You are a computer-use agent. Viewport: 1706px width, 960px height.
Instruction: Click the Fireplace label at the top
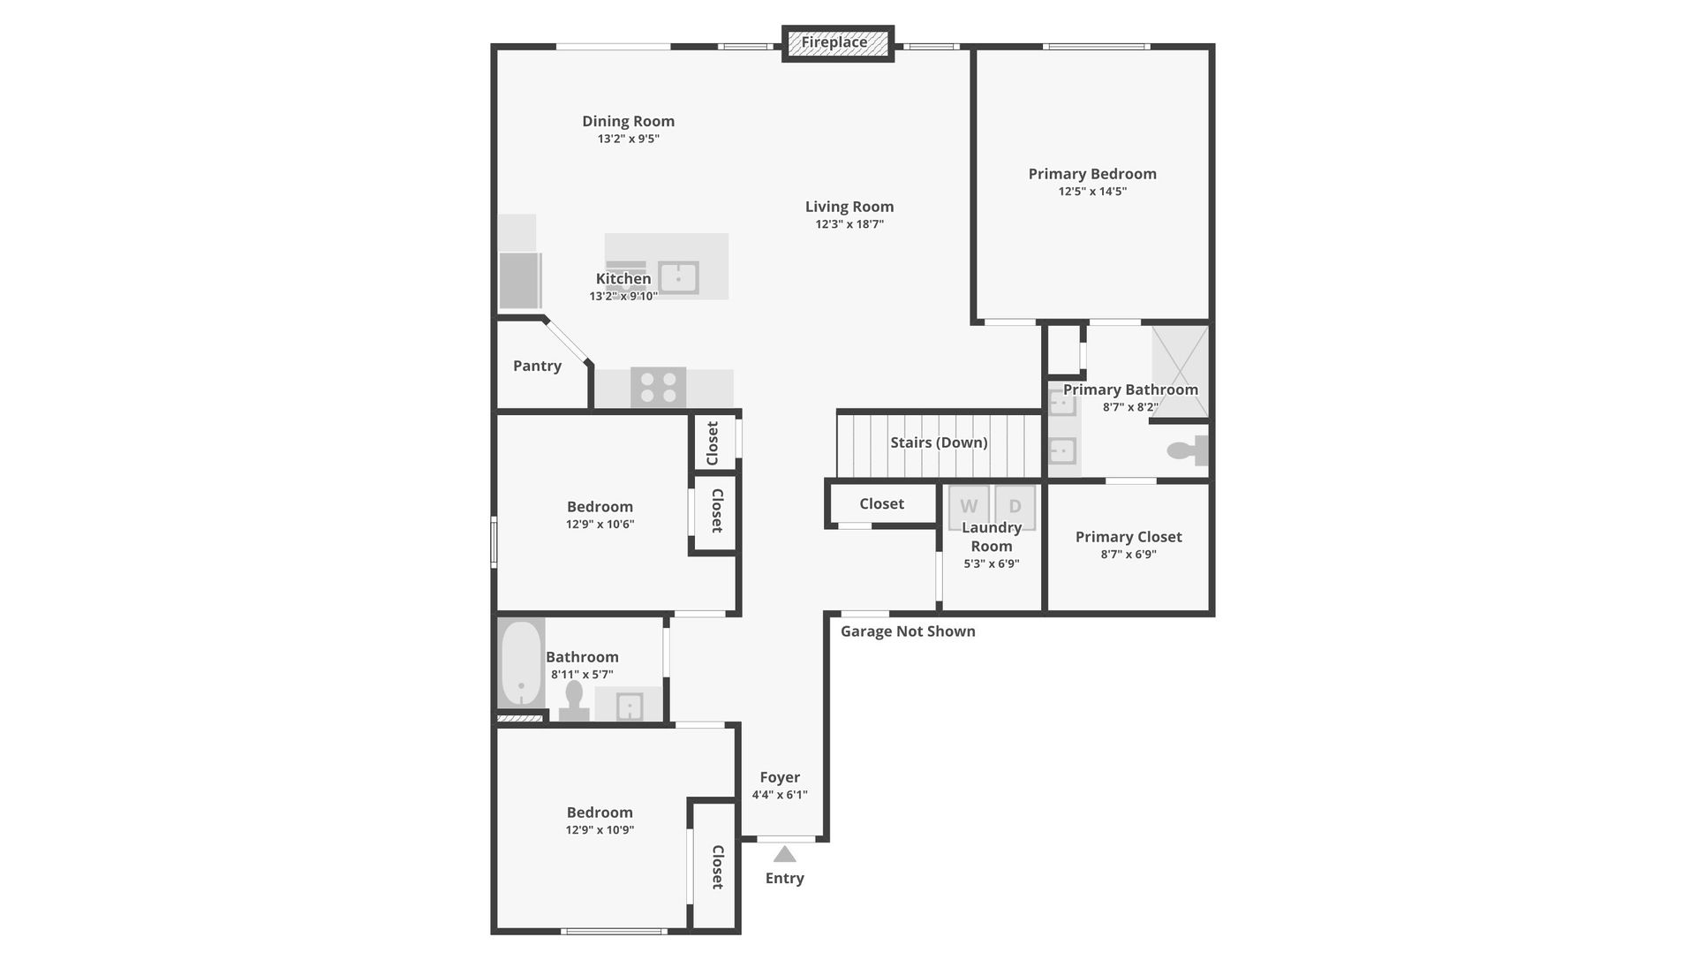(834, 42)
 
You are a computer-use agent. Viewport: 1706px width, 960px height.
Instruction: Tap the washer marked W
(968, 506)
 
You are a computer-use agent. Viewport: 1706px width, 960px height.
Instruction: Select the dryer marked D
(1015, 506)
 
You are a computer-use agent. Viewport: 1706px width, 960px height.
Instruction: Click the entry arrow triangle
(784, 854)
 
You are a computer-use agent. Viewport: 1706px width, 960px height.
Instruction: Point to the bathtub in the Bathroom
(521, 663)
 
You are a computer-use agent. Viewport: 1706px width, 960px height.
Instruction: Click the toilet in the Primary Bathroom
(1188, 450)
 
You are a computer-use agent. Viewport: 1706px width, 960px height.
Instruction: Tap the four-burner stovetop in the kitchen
(658, 387)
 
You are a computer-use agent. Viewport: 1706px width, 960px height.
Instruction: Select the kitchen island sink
(678, 278)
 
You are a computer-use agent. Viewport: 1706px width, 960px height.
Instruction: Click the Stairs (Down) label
(939, 442)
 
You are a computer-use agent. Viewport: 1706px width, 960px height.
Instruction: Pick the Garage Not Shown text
(908, 631)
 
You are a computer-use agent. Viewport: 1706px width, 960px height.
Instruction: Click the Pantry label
(537, 366)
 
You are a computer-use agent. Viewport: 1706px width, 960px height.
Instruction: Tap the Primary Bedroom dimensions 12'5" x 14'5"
(1092, 192)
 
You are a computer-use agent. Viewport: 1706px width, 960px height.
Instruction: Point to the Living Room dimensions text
(849, 224)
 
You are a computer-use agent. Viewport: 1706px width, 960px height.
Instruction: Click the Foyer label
(780, 777)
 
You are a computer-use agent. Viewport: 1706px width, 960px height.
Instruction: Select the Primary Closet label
(1129, 537)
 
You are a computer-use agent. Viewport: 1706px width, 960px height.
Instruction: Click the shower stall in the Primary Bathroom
(1180, 371)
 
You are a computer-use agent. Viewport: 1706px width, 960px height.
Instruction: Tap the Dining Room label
(628, 121)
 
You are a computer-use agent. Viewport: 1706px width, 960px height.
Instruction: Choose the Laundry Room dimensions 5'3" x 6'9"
(991, 563)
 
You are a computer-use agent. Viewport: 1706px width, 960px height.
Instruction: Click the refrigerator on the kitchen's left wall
(520, 280)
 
